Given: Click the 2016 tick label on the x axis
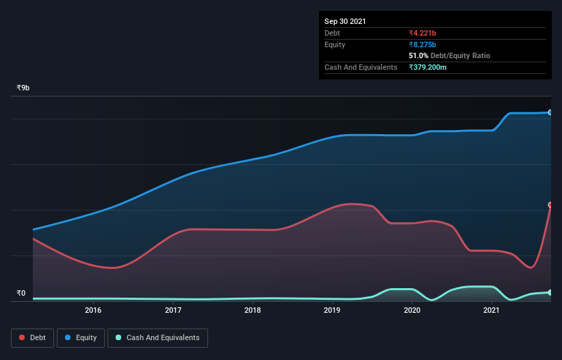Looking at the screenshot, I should [x=93, y=310].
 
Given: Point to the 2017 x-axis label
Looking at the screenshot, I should [x=173, y=310].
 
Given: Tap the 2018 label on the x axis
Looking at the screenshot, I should [x=253, y=310].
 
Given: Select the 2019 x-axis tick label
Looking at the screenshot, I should [x=332, y=310].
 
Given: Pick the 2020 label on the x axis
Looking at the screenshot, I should [x=412, y=310].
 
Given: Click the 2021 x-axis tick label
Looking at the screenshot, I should [x=491, y=310].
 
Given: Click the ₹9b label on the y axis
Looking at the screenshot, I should [x=23, y=88].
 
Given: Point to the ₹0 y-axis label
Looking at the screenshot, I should [x=21, y=294].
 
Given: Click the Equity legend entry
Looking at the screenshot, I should [x=81, y=337].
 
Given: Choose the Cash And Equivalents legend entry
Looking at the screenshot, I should [x=157, y=337].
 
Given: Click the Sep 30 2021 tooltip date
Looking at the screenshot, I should [x=345, y=21].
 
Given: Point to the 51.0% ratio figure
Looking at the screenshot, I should [x=419, y=55].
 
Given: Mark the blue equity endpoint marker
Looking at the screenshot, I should [x=550, y=112].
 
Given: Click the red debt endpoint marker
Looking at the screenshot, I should [x=550, y=205].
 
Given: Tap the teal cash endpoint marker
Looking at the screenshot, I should [x=550, y=292].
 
